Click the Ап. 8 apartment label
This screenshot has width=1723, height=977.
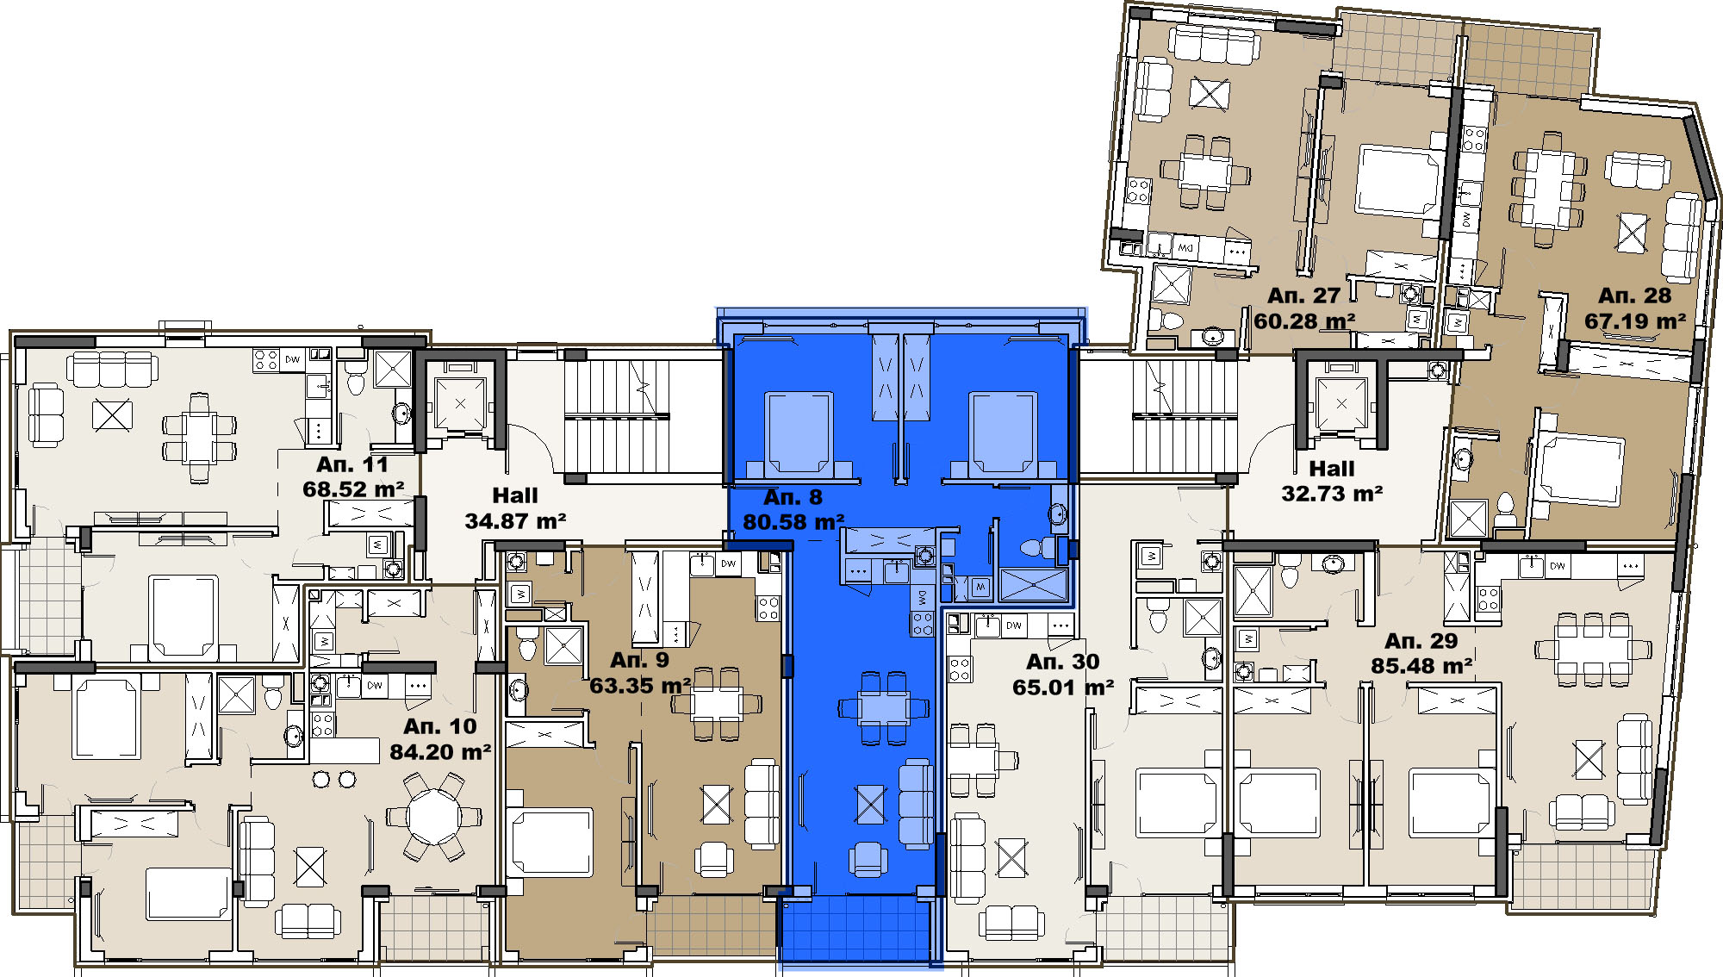point(793,497)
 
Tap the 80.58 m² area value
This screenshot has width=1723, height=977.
point(793,522)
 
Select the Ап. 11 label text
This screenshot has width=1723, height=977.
point(352,464)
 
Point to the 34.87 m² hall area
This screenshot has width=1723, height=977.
point(515,521)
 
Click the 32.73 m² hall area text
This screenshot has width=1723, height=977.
point(1332,494)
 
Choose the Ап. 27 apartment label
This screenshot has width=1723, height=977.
point(1303,296)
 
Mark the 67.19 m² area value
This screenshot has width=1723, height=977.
point(1635,321)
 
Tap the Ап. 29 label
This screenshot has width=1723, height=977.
point(1421,641)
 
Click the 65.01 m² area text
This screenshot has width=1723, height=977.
point(1063,688)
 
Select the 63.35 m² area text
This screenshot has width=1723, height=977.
point(640,686)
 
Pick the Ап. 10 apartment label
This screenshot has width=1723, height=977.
point(440,726)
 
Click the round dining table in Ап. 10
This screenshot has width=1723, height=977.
point(434,815)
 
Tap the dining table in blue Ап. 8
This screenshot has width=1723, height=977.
point(884,708)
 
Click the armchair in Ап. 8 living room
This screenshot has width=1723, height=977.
point(868,859)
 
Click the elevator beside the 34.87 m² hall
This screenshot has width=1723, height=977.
point(460,403)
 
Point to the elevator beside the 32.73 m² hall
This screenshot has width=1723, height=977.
point(1341,403)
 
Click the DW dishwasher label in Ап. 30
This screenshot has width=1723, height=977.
point(1014,625)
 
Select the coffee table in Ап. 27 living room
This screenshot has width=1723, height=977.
point(1210,93)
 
